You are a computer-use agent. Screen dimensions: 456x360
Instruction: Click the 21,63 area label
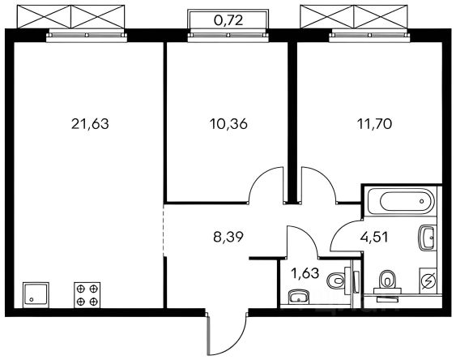point(90,124)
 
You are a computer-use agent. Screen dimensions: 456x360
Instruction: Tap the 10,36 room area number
point(228,124)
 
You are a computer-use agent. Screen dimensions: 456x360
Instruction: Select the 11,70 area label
point(374,124)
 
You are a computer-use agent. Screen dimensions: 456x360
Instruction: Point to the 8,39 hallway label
point(228,238)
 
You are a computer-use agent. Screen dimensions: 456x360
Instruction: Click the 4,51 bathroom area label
point(374,238)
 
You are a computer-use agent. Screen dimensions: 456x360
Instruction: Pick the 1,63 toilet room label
point(305,273)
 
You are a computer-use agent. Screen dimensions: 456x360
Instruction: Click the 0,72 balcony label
point(228,20)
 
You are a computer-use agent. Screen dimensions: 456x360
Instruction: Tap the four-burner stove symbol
point(87,295)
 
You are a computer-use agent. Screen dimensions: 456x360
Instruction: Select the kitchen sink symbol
point(36,294)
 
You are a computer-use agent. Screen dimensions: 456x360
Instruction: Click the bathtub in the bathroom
point(401,201)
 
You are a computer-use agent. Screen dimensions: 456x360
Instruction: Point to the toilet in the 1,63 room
point(339,281)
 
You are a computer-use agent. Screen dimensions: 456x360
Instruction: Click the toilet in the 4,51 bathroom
point(387,285)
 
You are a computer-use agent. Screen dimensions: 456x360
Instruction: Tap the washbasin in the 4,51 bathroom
point(428,238)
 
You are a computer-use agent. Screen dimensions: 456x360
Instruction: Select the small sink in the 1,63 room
point(298,297)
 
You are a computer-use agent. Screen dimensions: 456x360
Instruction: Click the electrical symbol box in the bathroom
point(428,281)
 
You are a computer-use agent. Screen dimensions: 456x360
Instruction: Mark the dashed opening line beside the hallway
point(164,230)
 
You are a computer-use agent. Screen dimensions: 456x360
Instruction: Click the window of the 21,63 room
point(87,35)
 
